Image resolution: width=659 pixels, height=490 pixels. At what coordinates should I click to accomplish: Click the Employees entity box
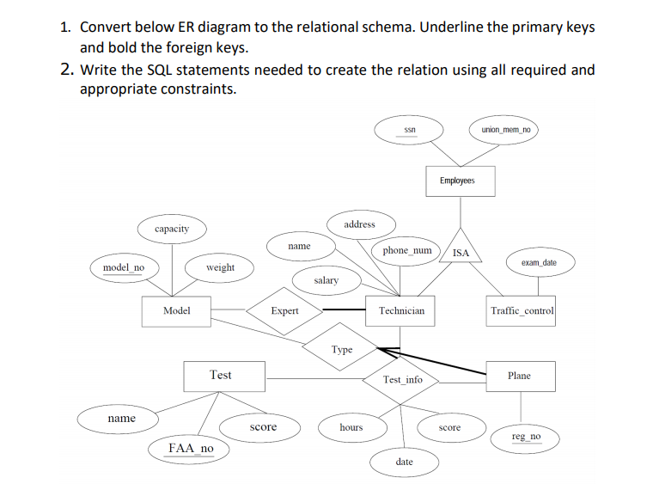(x=456, y=181)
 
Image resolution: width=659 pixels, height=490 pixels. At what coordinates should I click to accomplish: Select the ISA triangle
(x=461, y=249)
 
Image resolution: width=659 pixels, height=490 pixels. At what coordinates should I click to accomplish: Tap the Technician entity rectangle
(x=401, y=310)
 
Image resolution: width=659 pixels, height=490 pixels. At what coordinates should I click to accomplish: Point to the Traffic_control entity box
(x=522, y=310)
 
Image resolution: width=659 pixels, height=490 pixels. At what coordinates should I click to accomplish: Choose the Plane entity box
(x=519, y=376)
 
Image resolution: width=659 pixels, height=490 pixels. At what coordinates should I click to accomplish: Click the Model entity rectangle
(x=177, y=310)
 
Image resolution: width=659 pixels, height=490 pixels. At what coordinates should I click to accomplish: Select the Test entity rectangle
(x=221, y=375)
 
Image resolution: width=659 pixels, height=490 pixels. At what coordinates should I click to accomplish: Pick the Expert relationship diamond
(x=284, y=310)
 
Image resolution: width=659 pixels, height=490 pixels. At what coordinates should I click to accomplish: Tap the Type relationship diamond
(x=342, y=349)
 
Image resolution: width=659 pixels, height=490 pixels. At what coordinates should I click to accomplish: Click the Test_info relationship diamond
(x=402, y=379)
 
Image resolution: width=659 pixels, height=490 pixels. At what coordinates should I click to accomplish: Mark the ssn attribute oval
(x=410, y=130)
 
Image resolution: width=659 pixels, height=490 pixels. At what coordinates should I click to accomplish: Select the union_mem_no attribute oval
(x=504, y=130)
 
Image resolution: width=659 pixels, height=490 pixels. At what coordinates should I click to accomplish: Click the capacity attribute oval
(x=172, y=229)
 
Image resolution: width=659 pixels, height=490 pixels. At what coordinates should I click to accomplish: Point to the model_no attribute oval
(x=124, y=267)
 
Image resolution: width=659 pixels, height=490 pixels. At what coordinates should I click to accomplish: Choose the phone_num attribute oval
(x=406, y=250)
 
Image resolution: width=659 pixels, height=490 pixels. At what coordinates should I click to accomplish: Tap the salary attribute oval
(x=326, y=280)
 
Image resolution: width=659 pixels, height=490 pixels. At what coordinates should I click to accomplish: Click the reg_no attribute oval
(x=526, y=438)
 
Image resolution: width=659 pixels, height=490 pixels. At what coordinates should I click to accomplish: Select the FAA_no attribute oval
(x=191, y=448)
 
